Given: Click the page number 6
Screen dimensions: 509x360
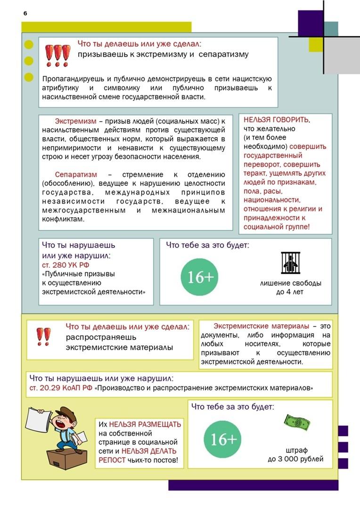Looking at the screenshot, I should pos(25,13).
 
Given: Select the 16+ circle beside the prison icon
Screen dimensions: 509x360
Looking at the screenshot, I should pos(200,277).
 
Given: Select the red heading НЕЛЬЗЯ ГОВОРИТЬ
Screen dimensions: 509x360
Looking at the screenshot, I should pos(277,120).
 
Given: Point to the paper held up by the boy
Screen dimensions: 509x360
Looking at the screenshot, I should pos(38,421).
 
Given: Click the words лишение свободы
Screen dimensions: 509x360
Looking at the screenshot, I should pos(290,283).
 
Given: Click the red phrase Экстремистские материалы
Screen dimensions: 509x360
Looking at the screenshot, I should pos(261,326).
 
